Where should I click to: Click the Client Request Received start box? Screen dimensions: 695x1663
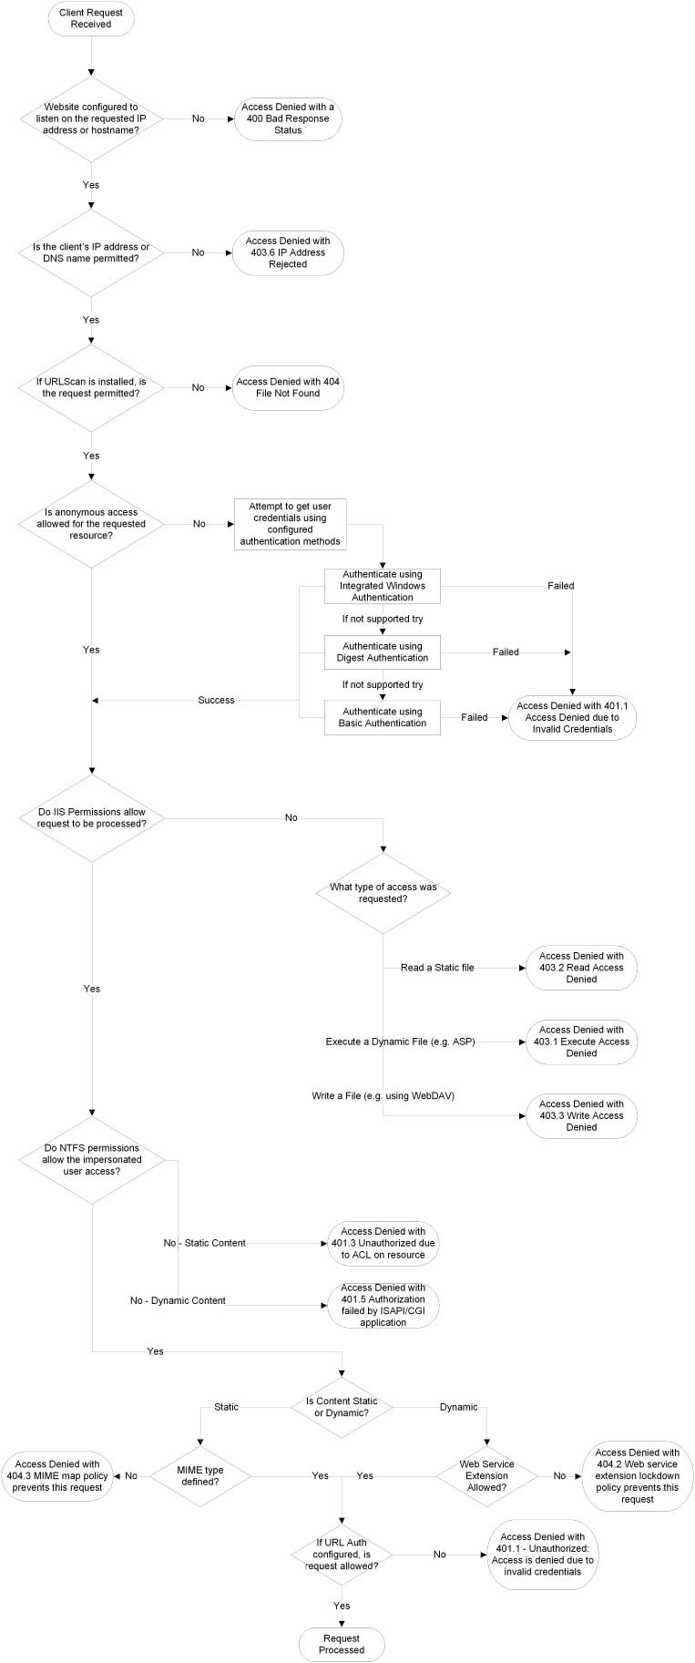tap(91, 18)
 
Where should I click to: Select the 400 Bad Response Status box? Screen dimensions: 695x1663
tap(288, 118)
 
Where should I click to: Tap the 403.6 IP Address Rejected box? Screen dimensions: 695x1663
tap(288, 252)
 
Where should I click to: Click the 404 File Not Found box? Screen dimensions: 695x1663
tap(288, 387)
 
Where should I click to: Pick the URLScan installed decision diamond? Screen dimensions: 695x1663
tap(91, 387)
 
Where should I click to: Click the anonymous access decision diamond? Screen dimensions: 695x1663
tap(91, 524)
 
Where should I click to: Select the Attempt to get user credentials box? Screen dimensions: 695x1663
tap(290, 524)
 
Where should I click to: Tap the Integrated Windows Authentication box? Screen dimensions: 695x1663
tap(383, 586)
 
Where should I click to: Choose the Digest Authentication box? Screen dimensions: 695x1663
tap(383, 652)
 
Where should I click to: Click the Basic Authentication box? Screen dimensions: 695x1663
tap(383, 717)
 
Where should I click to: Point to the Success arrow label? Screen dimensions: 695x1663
tap(216, 700)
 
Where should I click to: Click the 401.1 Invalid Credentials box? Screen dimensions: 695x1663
tap(571, 717)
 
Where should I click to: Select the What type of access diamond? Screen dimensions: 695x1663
tap(383, 893)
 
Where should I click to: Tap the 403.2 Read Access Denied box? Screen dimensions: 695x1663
tap(581, 968)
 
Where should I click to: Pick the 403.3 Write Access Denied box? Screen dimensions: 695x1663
tap(581, 1115)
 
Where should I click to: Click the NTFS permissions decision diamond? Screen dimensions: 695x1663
tap(92, 1160)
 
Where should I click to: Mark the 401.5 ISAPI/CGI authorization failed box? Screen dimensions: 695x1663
tap(383, 1305)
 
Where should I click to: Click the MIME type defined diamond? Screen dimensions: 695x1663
tap(200, 1475)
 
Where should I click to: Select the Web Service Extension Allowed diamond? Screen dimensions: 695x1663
tap(486, 1475)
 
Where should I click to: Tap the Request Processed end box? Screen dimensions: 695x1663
tap(342, 1643)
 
